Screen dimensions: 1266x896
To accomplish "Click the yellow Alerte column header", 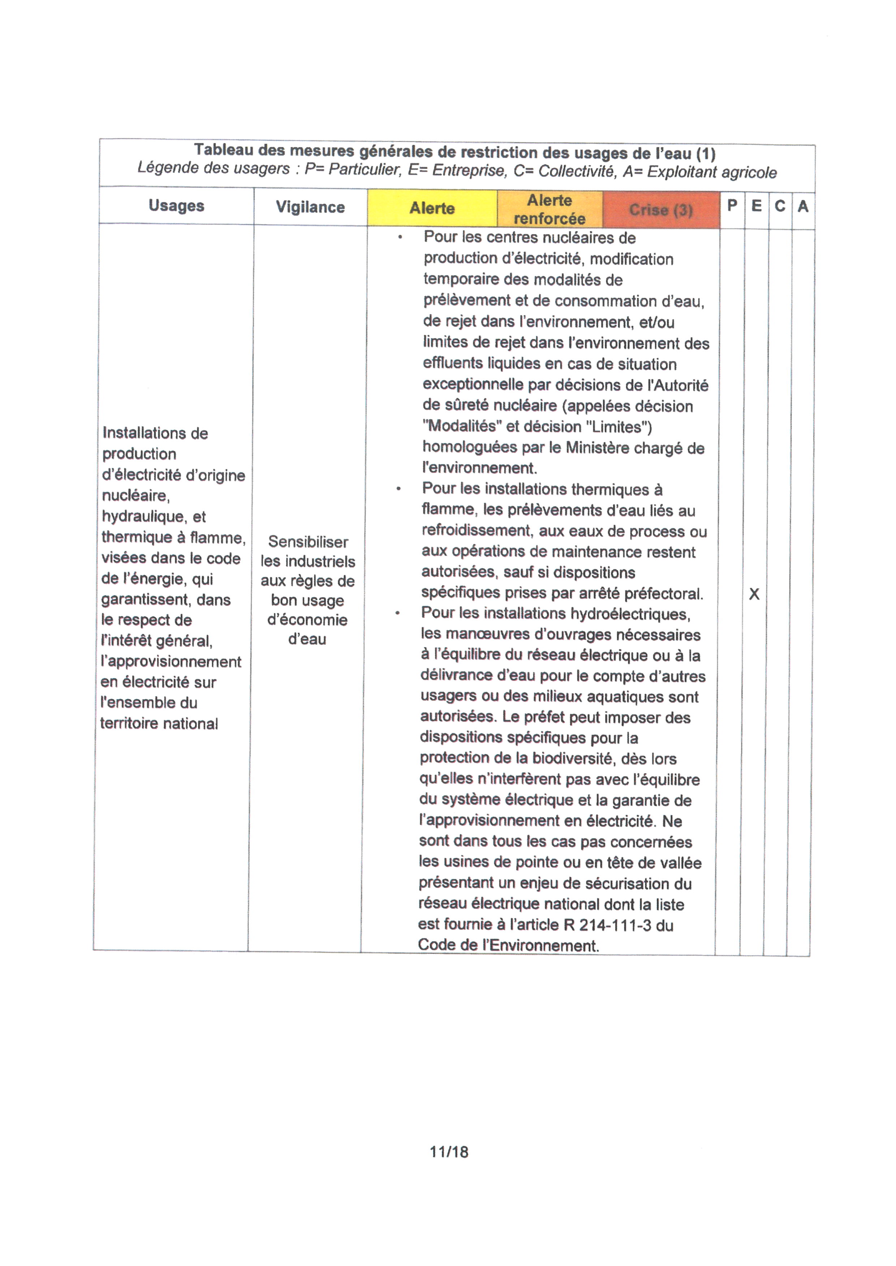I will [432, 208].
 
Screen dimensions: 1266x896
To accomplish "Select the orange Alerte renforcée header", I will [550, 209].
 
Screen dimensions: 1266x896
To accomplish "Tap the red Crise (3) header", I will [661, 210].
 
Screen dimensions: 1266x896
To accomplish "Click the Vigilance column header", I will [310, 207].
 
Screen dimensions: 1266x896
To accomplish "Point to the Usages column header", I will [176, 206].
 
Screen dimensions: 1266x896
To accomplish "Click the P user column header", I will [732, 206].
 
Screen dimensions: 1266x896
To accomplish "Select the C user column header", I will [780, 206].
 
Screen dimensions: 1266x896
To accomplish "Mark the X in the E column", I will [754, 594].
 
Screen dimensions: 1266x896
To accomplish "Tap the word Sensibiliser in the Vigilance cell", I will [308, 541].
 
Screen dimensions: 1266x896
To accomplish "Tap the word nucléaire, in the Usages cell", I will [136, 496].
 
